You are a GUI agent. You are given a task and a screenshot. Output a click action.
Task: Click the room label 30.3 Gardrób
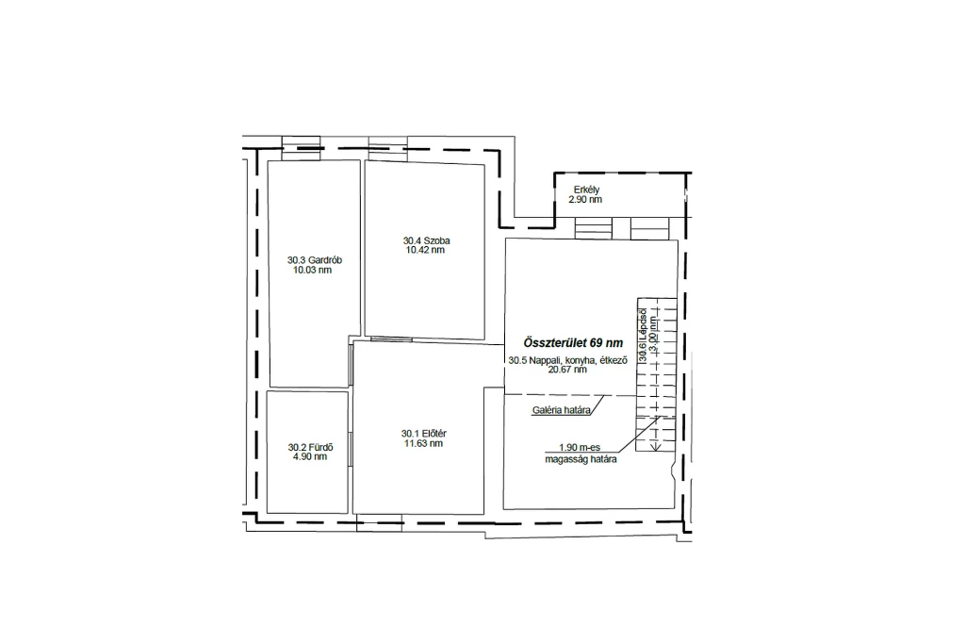click(x=315, y=260)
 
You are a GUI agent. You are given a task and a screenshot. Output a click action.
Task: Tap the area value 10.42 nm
click(x=425, y=250)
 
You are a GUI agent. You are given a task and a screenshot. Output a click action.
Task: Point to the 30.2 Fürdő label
click(x=310, y=448)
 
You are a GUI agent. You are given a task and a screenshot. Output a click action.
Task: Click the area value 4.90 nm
click(x=310, y=456)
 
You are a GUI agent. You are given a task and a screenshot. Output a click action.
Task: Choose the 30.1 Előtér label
click(x=423, y=434)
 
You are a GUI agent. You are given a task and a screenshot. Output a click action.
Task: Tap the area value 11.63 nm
click(x=423, y=443)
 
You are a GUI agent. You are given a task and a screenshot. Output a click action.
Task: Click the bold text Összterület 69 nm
click(x=573, y=343)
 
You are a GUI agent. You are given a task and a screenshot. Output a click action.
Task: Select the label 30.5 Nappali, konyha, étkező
click(x=567, y=361)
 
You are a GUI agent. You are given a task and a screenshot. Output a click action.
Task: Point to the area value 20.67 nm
click(x=567, y=370)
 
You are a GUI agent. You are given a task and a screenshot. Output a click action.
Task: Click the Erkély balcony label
click(x=586, y=190)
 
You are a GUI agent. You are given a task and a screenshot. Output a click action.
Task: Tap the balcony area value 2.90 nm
click(x=585, y=200)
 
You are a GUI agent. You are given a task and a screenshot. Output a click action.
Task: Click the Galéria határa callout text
click(x=562, y=410)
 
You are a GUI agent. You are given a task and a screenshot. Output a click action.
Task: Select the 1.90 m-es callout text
click(x=580, y=448)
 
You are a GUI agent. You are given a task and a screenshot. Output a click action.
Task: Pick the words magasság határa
click(x=581, y=459)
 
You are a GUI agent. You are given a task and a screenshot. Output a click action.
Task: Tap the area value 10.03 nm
click(x=312, y=271)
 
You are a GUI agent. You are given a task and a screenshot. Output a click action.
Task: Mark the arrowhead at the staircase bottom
click(x=656, y=447)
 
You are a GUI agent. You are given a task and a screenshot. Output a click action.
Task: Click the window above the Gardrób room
click(x=301, y=148)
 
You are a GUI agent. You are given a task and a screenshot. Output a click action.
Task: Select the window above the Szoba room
click(x=387, y=148)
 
